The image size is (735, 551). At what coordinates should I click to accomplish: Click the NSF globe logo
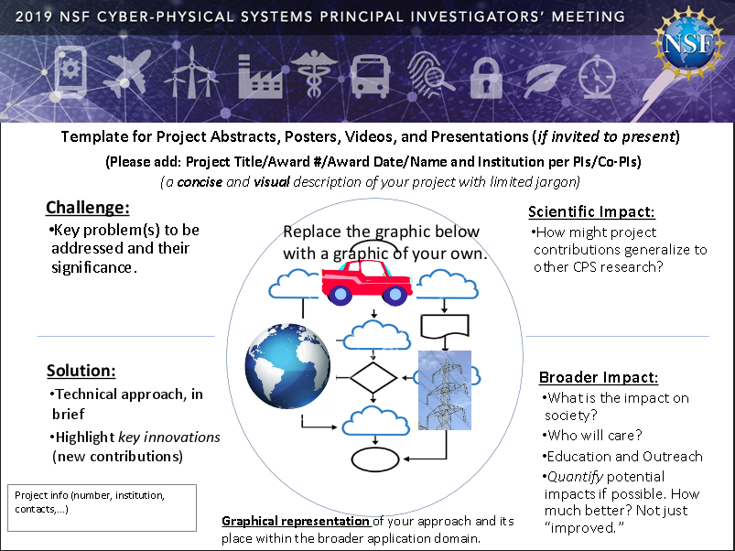[689, 42]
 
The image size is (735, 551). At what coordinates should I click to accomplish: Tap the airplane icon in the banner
[127, 71]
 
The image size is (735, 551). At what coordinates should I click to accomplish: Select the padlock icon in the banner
[486, 78]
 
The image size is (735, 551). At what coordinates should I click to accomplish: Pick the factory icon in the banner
[260, 77]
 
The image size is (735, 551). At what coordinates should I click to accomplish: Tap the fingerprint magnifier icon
[430, 73]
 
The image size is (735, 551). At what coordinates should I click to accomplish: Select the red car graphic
[367, 282]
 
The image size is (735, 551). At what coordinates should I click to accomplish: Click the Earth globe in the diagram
[287, 366]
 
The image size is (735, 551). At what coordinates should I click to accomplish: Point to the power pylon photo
[444, 390]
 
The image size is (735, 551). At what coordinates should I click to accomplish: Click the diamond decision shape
[373, 378]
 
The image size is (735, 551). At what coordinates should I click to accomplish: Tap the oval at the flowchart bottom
[375, 459]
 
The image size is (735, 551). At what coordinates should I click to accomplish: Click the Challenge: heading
[88, 207]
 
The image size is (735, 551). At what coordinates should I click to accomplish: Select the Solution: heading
[81, 371]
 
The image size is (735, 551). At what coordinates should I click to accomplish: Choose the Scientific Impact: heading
[591, 211]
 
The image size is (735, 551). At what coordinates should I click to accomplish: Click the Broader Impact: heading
[599, 377]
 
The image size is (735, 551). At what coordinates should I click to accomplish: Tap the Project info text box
[103, 508]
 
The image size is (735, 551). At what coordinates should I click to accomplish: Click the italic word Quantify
[575, 477]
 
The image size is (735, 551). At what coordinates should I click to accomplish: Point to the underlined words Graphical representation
[296, 521]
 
